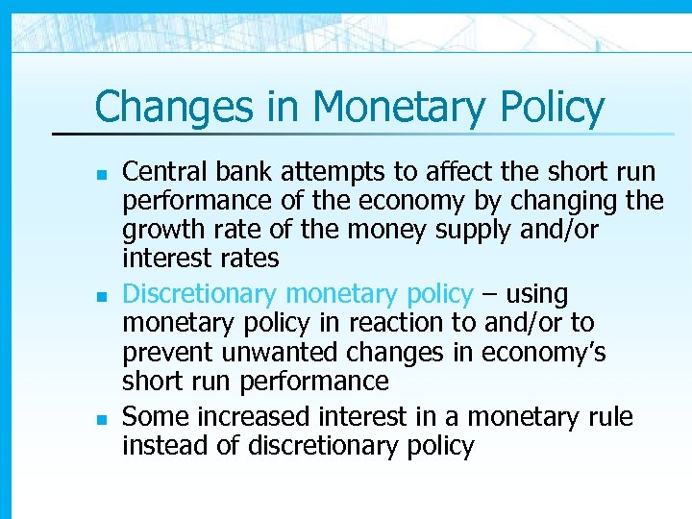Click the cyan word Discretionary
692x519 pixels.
(201, 293)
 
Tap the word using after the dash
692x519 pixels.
(536, 293)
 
